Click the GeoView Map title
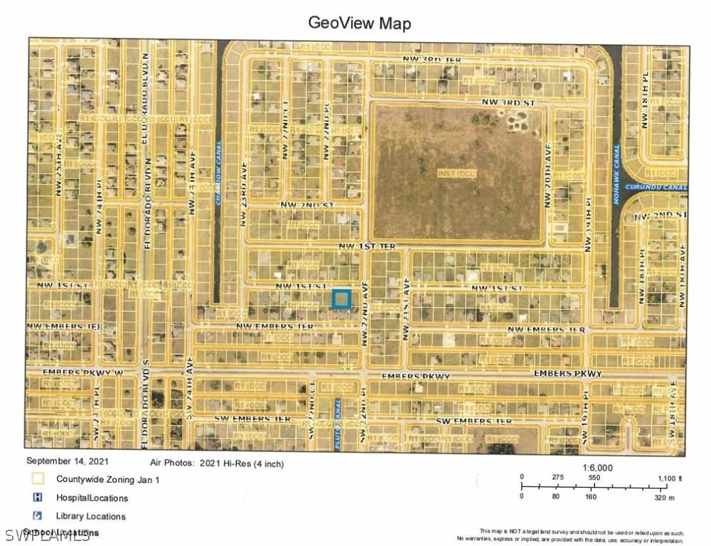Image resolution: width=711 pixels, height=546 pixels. [x=359, y=23]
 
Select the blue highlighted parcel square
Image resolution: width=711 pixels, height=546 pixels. [x=342, y=299]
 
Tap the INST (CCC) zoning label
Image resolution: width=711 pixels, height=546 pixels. [x=457, y=173]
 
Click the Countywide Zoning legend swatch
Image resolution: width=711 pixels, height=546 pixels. [x=38, y=480]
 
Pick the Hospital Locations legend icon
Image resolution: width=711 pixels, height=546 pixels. [x=38, y=498]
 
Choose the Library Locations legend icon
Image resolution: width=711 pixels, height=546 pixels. [x=38, y=515]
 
